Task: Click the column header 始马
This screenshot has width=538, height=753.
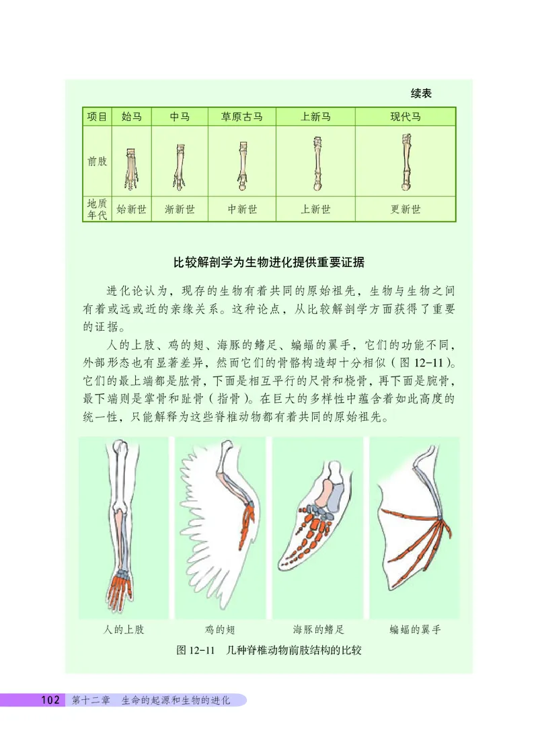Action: click(131, 117)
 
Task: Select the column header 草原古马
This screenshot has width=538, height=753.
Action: click(242, 117)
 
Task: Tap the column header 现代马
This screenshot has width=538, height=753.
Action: click(406, 117)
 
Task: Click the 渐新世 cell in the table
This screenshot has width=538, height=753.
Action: click(180, 209)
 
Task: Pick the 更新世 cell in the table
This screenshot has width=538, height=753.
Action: click(406, 209)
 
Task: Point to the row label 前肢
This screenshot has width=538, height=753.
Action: click(97, 161)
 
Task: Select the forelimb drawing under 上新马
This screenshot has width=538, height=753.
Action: click(316, 163)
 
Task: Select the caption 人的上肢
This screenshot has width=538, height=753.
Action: click(124, 630)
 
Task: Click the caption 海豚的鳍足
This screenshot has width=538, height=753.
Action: click(319, 630)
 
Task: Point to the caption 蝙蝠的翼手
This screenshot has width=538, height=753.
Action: click(415, 630)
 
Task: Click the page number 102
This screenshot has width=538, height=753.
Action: click(51, 700)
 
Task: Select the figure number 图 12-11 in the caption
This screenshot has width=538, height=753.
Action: click(194, 651)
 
